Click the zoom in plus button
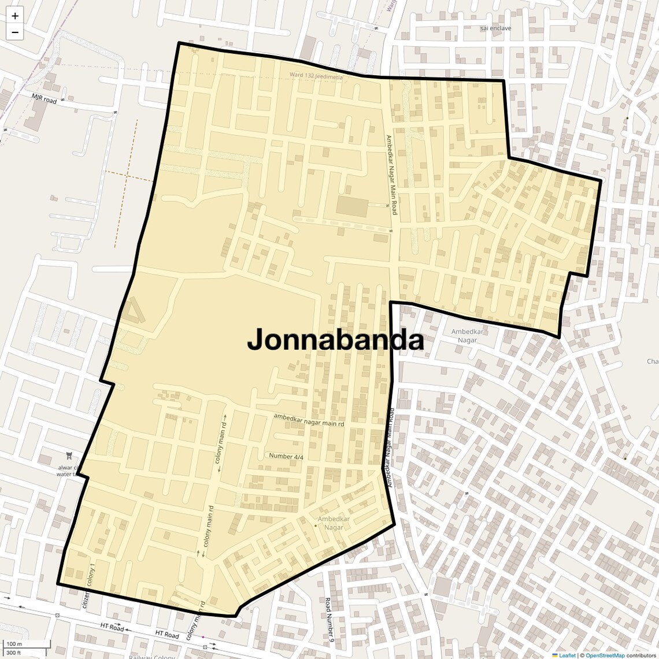coord(15,16)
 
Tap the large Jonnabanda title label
coord(335,340)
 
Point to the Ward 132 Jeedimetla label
coord(316,76)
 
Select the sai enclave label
coord(496,28)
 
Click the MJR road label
coord(45,99)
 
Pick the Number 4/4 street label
coord(286,456)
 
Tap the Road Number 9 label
coord(328,620)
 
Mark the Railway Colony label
coord(152,657)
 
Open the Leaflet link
coord(567,655)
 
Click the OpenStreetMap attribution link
coord(605,655)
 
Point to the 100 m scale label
coord(14,644)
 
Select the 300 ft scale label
coord(13,653)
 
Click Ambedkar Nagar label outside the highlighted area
coord(467,336)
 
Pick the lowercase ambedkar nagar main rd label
coord(309,420)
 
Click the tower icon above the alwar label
coord(70,457)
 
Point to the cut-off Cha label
coord(652,361)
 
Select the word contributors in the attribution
coord(641,655)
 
